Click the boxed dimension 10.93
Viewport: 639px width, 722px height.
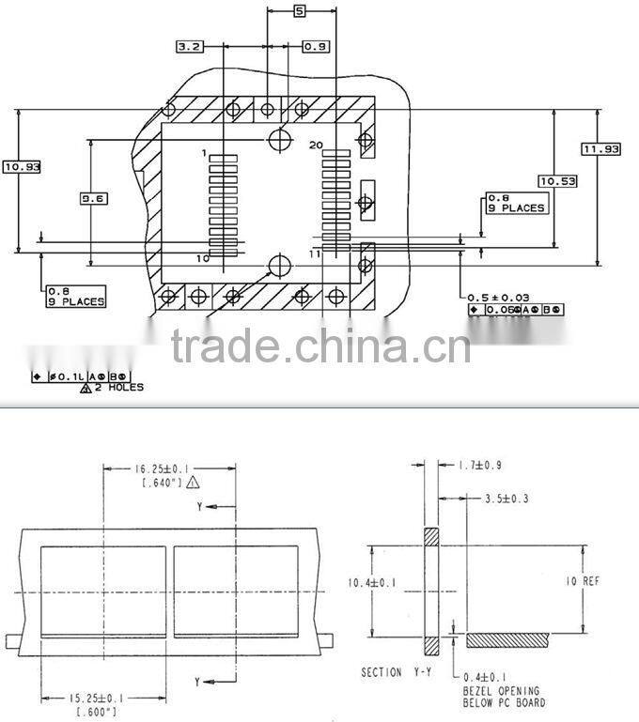[22, 166]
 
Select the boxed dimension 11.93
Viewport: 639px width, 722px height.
[600, 148]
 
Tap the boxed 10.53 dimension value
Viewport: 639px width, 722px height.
[557, 180]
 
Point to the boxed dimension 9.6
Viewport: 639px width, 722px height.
[93, 198]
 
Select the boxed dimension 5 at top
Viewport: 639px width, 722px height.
[299, 11]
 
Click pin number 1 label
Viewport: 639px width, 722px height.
[204, 152]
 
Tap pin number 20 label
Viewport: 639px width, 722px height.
[316, 144]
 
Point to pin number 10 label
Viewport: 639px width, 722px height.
[202, 257]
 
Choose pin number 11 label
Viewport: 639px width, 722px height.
[315, 254]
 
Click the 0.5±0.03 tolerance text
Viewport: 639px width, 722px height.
[499, 297]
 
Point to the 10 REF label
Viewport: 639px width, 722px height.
[583, 581]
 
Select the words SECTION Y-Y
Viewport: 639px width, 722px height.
[396, 673]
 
